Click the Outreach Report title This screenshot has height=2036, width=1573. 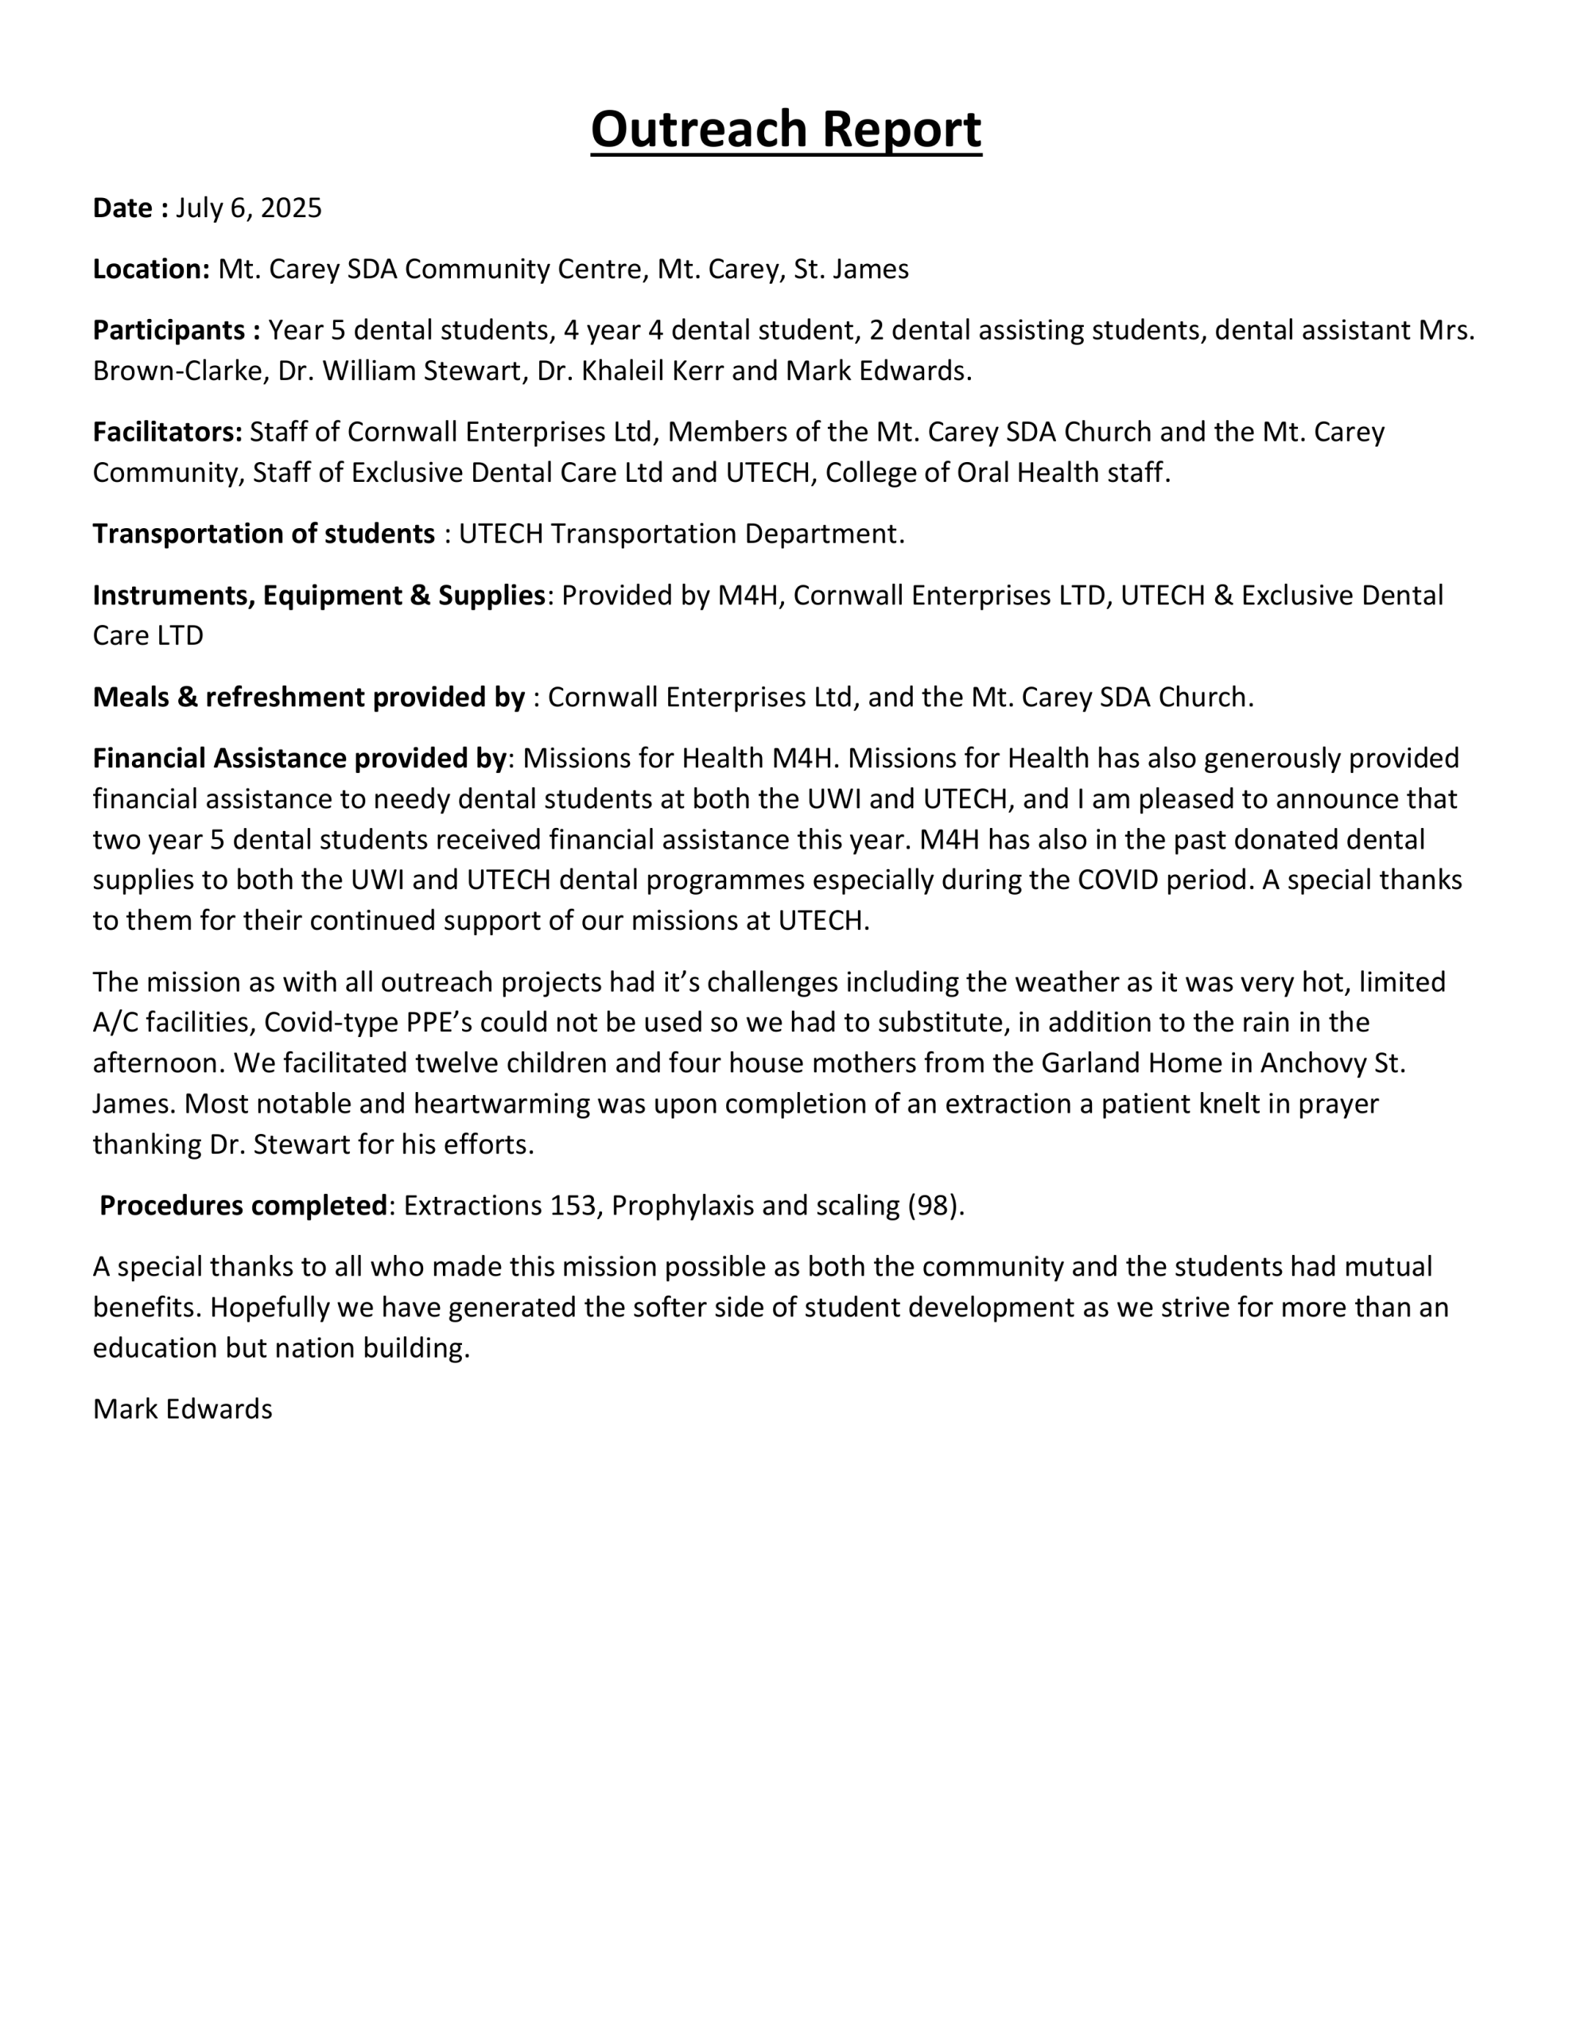tap(785, 129)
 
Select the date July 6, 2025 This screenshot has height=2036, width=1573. tap(248, 208)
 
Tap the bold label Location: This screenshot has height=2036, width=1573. tap(151, 270)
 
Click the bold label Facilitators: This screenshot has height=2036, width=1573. tap(167, 432)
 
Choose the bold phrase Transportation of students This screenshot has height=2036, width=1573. tap(263, 533)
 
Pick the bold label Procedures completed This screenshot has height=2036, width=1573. tap(243, 1206)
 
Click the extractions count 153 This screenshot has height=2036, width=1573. tap(573, 1206)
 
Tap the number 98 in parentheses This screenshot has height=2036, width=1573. tap(934, 1206)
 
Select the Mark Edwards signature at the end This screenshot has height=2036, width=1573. tap(182, 1408)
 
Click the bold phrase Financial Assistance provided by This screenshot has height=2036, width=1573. tap(298, 758)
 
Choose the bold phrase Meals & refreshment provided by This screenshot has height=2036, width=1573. tap(308, 697)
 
